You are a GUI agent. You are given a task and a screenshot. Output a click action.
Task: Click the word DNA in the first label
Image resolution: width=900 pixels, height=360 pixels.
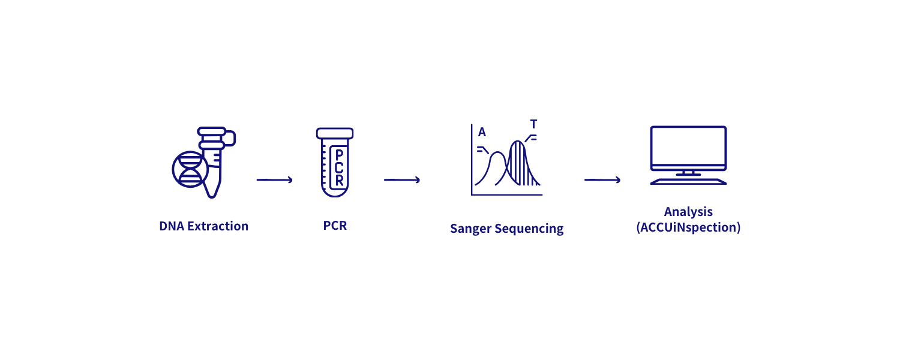(172, 226)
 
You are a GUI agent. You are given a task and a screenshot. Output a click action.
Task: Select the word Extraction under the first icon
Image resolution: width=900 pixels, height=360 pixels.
(218, 226)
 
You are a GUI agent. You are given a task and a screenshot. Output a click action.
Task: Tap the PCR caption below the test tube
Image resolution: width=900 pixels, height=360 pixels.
(335, 226)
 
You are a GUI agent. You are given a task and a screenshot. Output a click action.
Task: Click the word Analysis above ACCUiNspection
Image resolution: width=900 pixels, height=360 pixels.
(688, 212)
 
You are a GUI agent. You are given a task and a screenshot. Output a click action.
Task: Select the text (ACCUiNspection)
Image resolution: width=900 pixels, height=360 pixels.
(688, 227)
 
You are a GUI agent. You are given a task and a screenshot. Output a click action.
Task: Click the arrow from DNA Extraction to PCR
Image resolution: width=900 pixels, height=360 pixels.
(275, 180)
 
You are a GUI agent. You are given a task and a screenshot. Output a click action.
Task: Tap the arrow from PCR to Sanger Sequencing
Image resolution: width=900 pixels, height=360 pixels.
(402, 180)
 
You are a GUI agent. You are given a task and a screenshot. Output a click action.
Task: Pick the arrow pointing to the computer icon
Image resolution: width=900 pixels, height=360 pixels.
(602, 180)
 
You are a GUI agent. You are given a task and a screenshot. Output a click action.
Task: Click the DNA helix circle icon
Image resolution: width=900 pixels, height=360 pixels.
(190, 169)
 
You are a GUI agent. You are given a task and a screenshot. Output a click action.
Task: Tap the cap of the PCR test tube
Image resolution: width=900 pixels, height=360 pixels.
(335, 133)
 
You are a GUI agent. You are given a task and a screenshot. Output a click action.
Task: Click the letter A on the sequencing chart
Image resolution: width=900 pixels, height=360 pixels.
(482, 132)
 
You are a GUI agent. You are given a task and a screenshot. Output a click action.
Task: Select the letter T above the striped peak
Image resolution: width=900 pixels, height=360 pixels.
(533, 124)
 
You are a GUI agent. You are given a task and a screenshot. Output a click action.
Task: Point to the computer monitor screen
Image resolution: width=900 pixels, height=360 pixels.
(688, 146)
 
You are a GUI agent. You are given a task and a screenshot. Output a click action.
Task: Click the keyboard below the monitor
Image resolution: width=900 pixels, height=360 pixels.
(688, 182)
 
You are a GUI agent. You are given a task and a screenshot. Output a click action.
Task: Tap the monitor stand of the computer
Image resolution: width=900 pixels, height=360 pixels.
(688, 173)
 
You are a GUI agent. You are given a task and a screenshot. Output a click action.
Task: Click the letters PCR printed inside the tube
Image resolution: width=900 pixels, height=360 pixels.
(339, 167)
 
